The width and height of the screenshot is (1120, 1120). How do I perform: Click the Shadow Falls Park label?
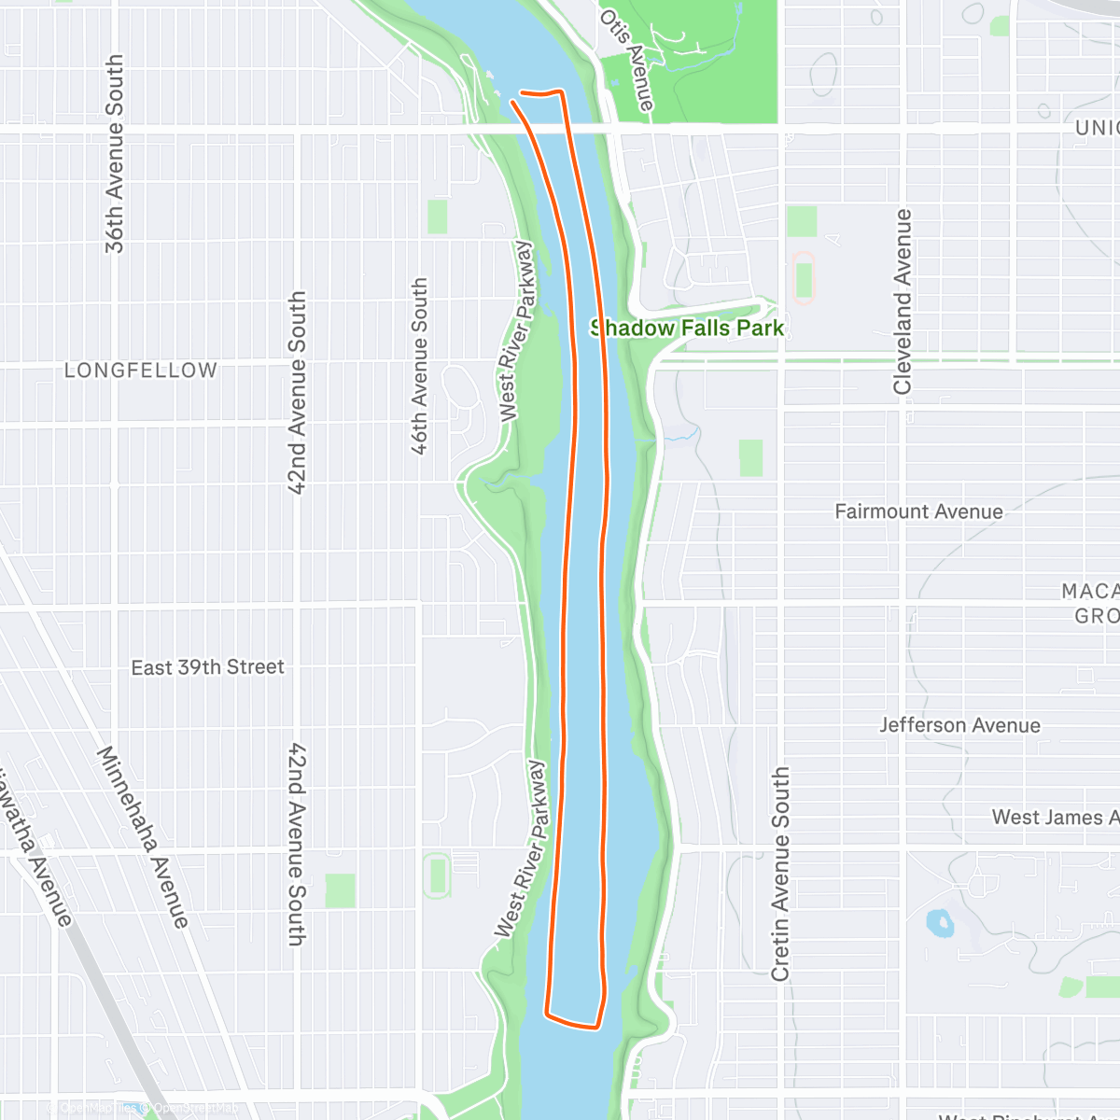pos(687,328)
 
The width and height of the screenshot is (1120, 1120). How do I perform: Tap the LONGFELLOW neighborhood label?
pos(140,371)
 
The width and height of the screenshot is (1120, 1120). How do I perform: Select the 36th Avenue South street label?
pos(114,154)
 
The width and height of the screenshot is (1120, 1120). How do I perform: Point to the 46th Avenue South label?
pos(420,366)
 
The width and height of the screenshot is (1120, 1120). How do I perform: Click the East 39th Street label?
pos(207,667)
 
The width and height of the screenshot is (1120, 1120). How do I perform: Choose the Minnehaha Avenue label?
pos(144,836)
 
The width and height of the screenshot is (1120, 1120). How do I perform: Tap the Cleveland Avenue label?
pos(903,301)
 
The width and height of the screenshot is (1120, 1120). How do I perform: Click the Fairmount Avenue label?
pos(918,511)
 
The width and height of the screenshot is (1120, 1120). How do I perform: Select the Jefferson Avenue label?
pos(959,725)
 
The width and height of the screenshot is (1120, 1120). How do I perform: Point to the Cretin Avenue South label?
pos(780,874)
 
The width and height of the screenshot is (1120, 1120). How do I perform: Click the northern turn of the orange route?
pos(542,92)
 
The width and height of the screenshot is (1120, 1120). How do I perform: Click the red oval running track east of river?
pos(803,278)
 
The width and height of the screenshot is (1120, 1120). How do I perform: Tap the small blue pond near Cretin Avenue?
pos(938,923)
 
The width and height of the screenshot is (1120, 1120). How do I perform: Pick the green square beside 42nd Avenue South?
pos(341,890)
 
